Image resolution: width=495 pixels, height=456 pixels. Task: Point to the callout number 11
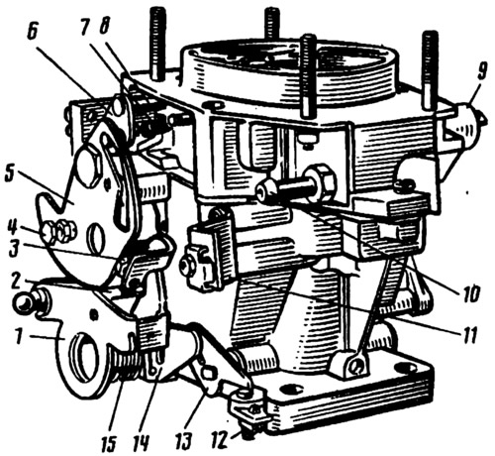(x=467, y=334)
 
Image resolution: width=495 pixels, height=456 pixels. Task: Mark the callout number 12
(x=223, y=439)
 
